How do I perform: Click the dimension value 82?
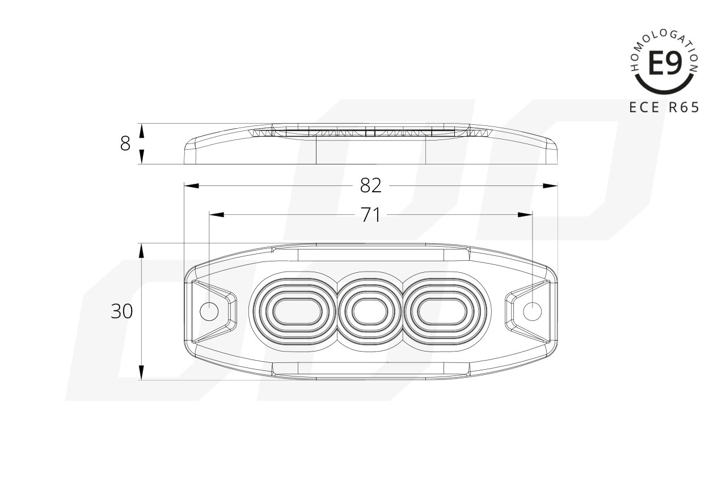point(371,185)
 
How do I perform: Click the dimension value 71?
point(370,214)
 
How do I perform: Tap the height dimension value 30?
point(121,311)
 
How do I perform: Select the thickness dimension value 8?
point(125,143)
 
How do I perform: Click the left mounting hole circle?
point(209,312)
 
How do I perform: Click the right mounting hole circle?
point(532,311)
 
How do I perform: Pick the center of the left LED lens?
point(297,312)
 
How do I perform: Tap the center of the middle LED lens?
point(370,312)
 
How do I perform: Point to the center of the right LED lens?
point(442,312)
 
